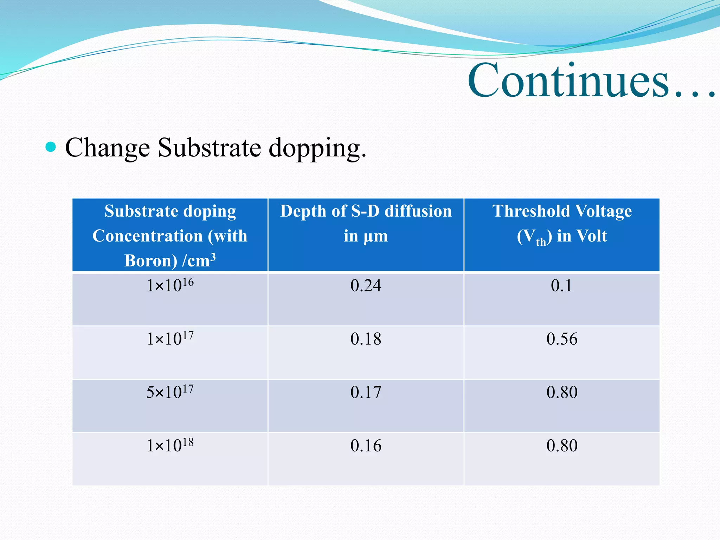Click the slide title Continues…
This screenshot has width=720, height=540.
click(591, 81)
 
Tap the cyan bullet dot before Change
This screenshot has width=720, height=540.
click(51, 147)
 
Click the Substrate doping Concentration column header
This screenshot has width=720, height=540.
click(170, 235)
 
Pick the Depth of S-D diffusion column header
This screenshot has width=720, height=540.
click(366, 223)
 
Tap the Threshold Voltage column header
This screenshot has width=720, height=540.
click(561, 223)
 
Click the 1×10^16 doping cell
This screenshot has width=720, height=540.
click(170, 285)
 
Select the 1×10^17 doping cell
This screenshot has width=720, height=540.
click(170, 339)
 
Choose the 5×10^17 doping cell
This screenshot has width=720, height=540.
click(170, 392)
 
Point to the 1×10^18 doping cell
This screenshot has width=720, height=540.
click(170, 445)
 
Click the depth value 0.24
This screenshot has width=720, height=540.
click(366, 285)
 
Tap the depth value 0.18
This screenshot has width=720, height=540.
click(366, 339)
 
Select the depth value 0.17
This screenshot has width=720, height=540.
click(366, 392)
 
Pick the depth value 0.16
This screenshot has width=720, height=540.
click(366, 446)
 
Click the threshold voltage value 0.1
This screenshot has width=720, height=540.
click(561, 285)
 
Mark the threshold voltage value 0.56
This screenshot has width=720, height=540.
click(561, 339)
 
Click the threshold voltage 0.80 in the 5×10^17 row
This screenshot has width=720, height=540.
click(561, 392)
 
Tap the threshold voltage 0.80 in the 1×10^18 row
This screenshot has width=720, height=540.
click(561, 446)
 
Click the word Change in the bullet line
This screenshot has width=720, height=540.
click(108, 148)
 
